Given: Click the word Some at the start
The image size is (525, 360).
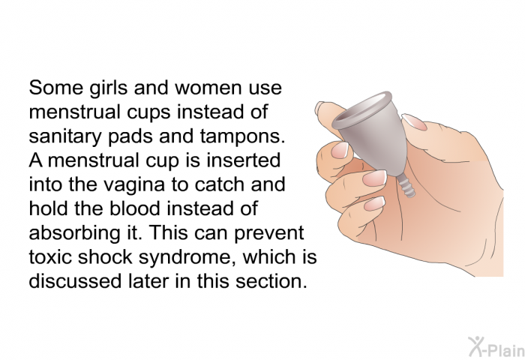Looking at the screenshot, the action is click(x=56, y=88).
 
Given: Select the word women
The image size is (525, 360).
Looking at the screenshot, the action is click(x=208, y=88).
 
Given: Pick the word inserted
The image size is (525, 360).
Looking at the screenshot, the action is click(x=244, y=160).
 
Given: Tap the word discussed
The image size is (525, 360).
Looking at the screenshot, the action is click(x=75, y=280).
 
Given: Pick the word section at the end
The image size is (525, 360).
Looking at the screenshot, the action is click(x=271, y=280).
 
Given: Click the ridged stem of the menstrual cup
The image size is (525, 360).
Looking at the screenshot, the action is click(x=406, y=186).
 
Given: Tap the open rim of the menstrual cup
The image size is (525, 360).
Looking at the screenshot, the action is click(x=362, y=109).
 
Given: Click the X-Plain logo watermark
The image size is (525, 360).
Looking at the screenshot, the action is click(x=496, y=347).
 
